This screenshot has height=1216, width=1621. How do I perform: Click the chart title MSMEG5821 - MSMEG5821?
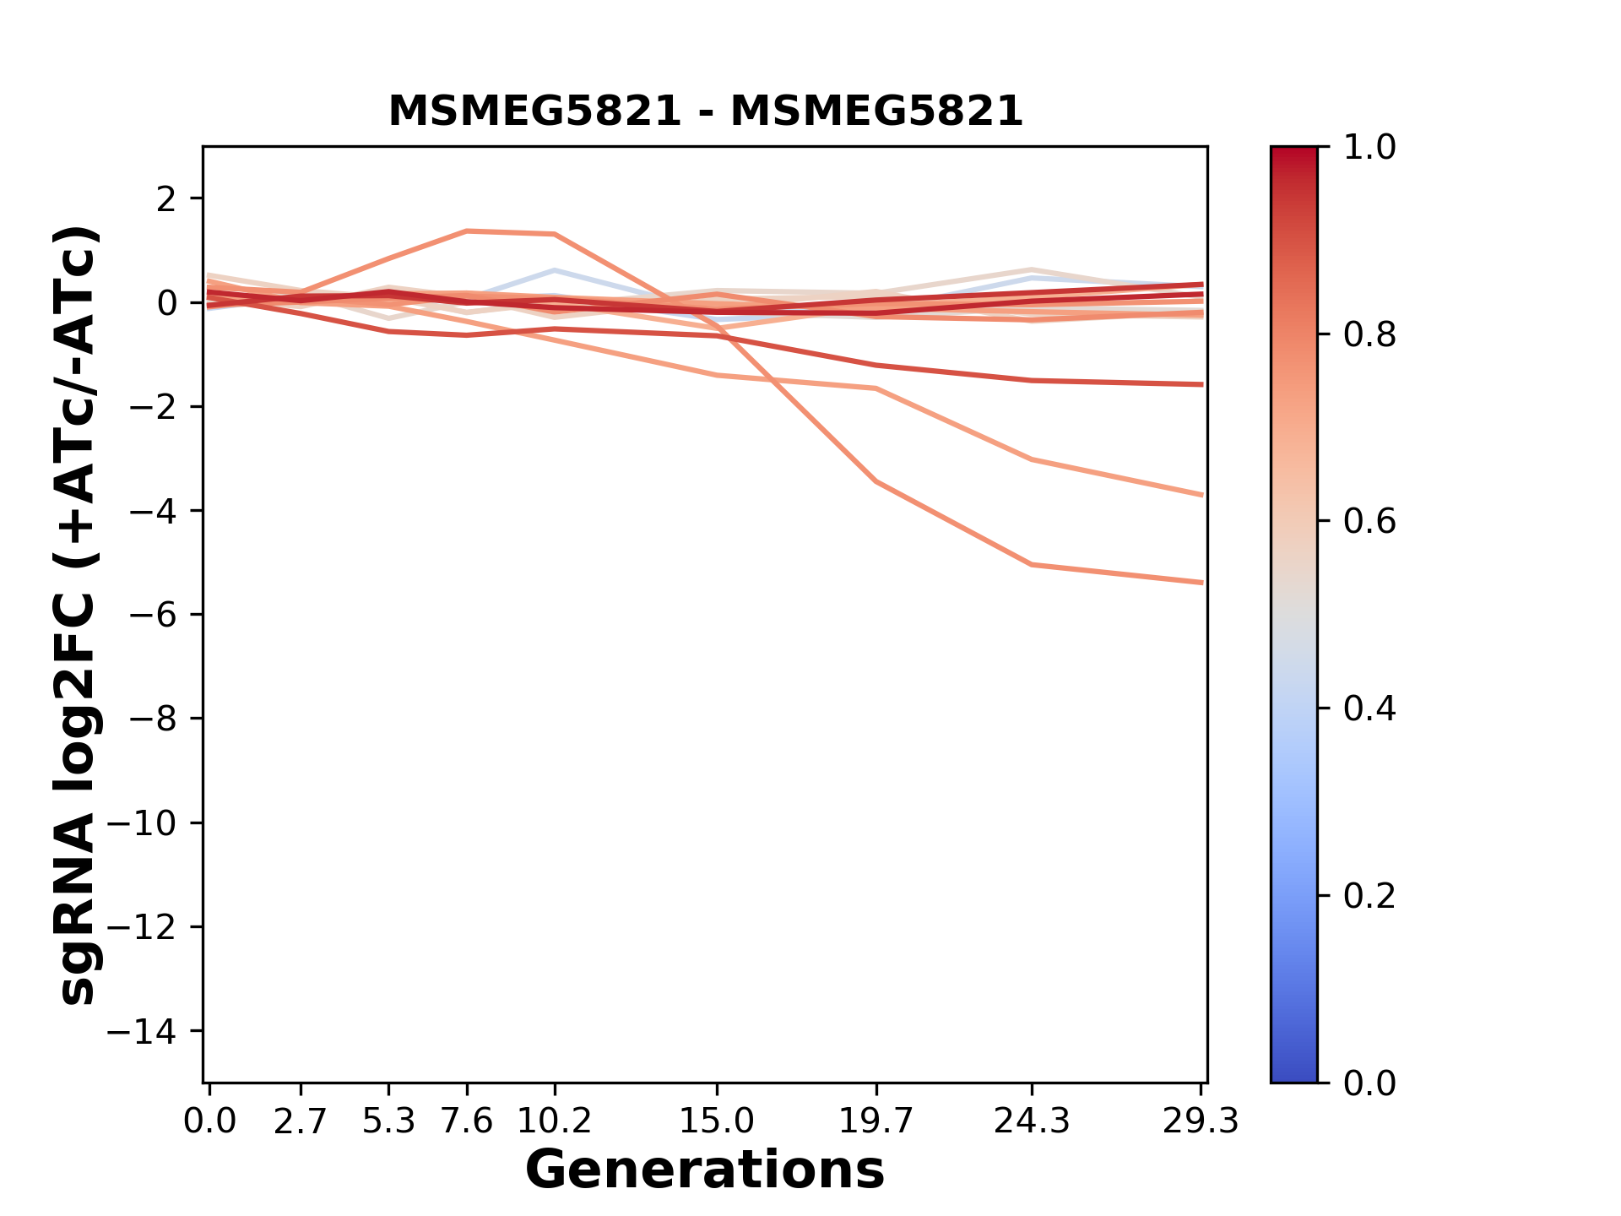click(705, 111)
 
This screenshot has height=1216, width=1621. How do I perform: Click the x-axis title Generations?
click(705, 1170)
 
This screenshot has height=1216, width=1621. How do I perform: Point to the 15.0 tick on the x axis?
click(716, 1121)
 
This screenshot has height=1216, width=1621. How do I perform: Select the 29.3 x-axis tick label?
click(1201, 1121)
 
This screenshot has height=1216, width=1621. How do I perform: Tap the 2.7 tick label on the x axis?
click(301, 1121)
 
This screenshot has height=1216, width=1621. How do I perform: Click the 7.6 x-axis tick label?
click(467, 1121)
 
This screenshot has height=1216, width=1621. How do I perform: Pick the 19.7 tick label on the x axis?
click(876, 1121)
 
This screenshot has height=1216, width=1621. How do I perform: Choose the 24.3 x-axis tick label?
click(1032, 1121)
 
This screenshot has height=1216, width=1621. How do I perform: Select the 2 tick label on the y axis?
click(166, 199)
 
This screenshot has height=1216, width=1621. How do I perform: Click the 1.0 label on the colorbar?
click(1369, 148)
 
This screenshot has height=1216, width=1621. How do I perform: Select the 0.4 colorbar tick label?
click(1369, 708)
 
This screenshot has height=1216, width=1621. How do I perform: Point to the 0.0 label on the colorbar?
click(1369, 1083)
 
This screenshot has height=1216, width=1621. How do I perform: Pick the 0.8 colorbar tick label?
click(1369, 335)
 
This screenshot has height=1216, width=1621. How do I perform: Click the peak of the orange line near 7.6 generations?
click(467, 231)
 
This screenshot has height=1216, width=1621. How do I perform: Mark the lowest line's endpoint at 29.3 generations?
click(1201, 583)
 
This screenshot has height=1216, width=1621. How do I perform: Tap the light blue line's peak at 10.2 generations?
click(555, 270)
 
